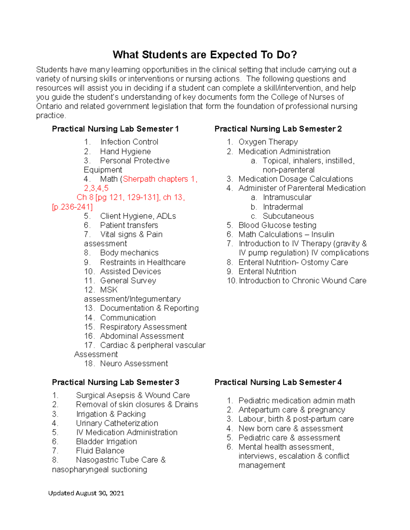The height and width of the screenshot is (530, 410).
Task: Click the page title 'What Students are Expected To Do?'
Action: pyautogui.click(x=205, y=55)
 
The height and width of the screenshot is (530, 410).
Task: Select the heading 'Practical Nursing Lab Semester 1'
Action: pyautogui.click(x=115, y=129)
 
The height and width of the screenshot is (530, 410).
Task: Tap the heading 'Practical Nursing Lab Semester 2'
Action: pyautogui.click(x=278, y=129)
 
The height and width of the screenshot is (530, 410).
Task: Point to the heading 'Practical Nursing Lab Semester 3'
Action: pyautogui.click(x=115, y=382)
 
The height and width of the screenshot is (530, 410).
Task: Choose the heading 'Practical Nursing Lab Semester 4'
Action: pyautogui.click(x=278, y=382)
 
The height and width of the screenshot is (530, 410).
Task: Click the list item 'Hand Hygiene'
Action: pyautogui.click(x=125, y=152)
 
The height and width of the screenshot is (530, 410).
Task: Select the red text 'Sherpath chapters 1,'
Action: pyautogui.click(x=160, y=179)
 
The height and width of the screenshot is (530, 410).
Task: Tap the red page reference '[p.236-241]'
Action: pyautogui.click(x=72, y=207)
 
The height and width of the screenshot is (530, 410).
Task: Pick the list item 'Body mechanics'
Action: pyautogui.click(x=129, y=253)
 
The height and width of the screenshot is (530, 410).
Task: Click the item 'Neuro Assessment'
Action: pyautogui.click(x=134, y=364)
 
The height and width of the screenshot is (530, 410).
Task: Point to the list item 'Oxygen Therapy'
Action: pyautogui.click(x=268, y=142)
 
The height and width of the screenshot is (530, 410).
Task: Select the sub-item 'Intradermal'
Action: pyautogui.click(x=283, y=207)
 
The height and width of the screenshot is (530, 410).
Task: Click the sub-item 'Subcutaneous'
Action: pyautogui.click(x=288, y=216)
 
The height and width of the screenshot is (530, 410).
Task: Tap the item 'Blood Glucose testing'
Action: pyautogui.click(x=277, y=225)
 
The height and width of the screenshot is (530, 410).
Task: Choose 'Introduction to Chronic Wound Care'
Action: pyautogui.click(x=302, y=281)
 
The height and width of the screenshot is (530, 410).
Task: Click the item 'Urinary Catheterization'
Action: pyautogui.click(x=117, y=424)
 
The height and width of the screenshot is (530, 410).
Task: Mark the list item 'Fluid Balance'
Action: pyautogui.click(x=100, y=451)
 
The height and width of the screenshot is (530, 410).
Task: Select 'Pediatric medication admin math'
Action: pyautogui.click(x=297, y=401)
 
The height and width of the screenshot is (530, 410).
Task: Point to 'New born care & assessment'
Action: pyautogui.click(x=290, y=429)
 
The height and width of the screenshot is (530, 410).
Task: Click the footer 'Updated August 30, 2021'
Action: pyautogui.click(x=86, y=493)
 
